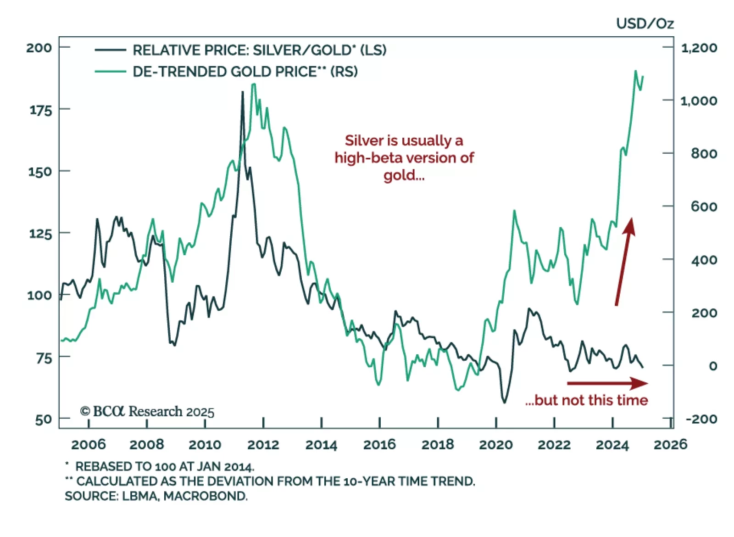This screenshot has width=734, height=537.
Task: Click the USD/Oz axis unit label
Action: (645, 23)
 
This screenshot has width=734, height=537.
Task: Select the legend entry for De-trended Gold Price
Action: (245, 72)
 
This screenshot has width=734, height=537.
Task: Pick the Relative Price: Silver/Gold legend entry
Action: (259, 50)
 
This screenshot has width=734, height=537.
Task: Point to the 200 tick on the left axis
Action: (39, 47)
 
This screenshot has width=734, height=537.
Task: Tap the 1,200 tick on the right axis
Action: (699, 47)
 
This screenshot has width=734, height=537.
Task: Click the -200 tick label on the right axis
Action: (701, 419)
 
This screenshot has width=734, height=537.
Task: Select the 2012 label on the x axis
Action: (263, 444)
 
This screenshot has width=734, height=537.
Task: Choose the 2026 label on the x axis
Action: (670, 444)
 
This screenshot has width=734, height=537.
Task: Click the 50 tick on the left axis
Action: (43, 420)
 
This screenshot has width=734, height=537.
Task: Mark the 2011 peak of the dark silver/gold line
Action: (243, 92)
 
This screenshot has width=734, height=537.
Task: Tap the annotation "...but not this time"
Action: (586, 400)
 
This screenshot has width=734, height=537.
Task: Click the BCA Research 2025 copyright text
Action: (147, 411)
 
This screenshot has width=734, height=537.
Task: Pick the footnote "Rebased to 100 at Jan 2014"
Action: (164, 466)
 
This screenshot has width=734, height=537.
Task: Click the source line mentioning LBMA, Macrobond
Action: (156, 496)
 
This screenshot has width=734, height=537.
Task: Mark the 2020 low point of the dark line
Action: (505, 403)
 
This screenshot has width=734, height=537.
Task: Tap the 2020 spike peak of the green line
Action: (514, 211)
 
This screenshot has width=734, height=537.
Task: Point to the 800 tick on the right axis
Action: (704, 153)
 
